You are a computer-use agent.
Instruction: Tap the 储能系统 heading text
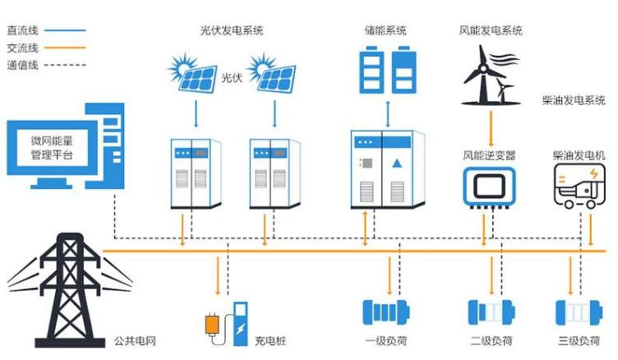[x=385, y=31]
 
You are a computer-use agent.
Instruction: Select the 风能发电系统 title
[x=491, y=31]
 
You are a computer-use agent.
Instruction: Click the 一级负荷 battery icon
[x=385, y=313]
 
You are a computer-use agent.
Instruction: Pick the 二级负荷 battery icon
[x=491, y=313]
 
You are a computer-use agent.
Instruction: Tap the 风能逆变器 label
[x=491, y=155]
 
